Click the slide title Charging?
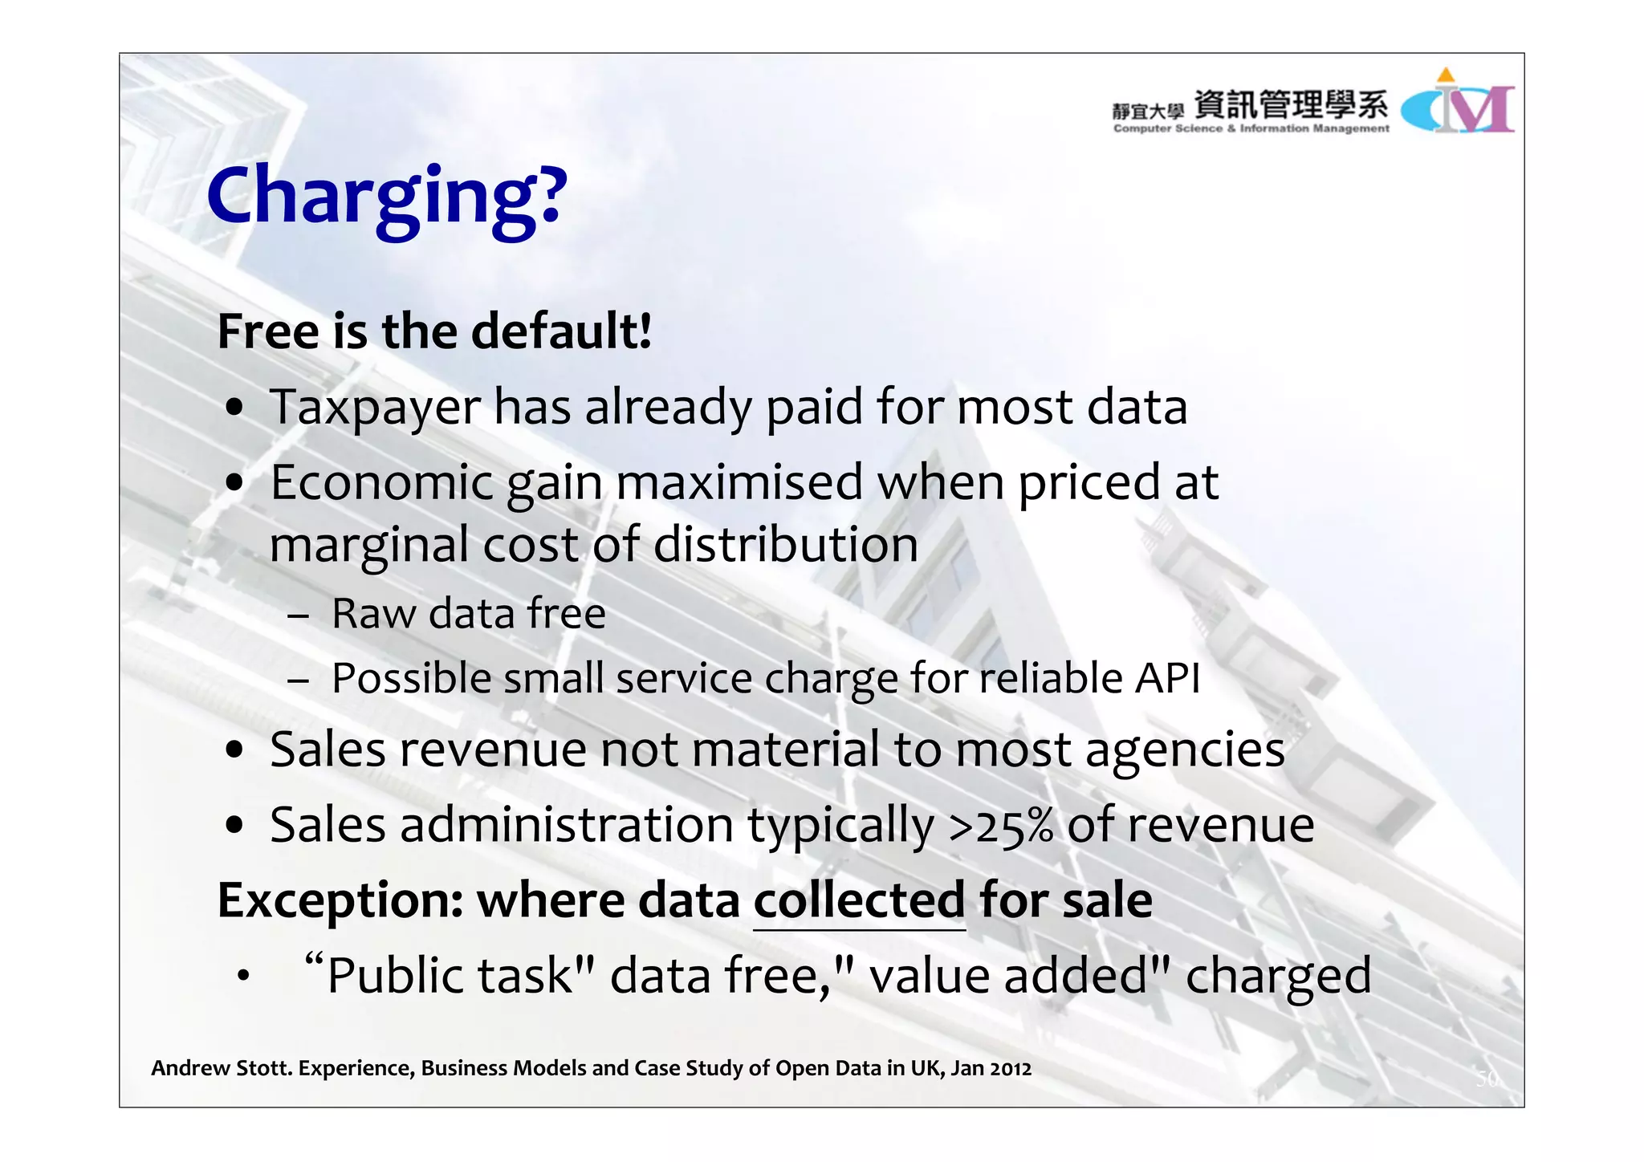[x=387, y=197]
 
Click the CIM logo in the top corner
[x=1458, y=104]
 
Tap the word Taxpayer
[x=375, y=408]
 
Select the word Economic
[x=381, y=483]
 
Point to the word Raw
[x=374, y=614]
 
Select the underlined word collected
[x=859, y=900]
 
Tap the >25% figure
[x=1001, y=827]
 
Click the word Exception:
[x=340, y=900]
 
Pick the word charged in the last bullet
[x=1278, y=977]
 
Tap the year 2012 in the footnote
[x=1011, y=1069]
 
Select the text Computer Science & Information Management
[x=1251, y=128]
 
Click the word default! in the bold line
[x=561, y=331]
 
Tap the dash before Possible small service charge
[x=298, y=681]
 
